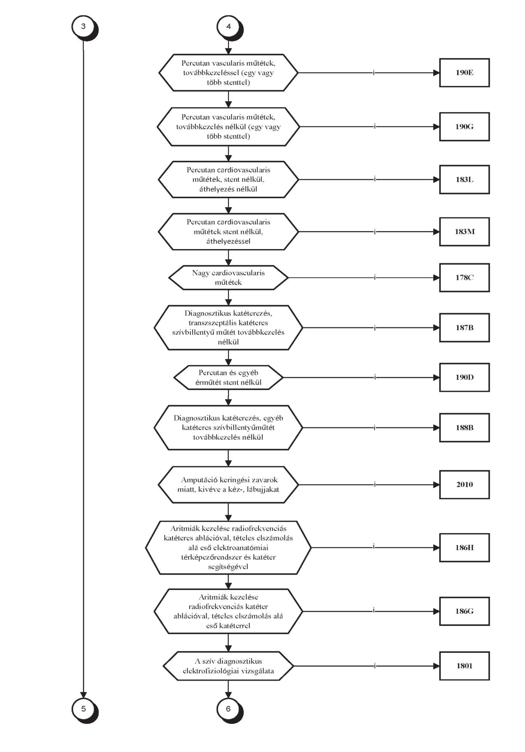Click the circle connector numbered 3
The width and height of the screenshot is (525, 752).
(x=83, y=27)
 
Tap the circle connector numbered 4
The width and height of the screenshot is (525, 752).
(x=229, y=27)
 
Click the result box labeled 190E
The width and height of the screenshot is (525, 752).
(x=464, y=73)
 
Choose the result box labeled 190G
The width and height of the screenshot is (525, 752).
(x=464, y=126)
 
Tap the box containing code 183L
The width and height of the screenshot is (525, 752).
(x=464, y=180)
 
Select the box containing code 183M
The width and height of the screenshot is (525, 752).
(x=464, y=232)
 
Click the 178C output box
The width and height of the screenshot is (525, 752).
(x=464, y=278)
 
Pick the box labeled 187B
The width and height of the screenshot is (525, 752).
(x=464, y=328)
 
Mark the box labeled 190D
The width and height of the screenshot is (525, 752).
(x=464, y=377)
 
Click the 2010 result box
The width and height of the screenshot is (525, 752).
(x=464, y=484)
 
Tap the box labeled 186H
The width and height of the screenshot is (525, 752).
(x=464, y=548)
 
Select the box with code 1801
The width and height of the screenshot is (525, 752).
(x=464, y=666)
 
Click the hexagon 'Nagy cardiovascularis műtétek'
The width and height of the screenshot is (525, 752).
(x=228, y=278)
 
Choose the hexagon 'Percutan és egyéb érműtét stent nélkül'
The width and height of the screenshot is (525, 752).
(x=228, y=377)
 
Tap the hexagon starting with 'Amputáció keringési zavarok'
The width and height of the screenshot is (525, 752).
(x=228, y=484)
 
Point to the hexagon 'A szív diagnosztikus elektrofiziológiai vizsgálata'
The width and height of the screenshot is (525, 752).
(x=228, y=666)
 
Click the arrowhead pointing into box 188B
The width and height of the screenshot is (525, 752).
(x=436, y=428)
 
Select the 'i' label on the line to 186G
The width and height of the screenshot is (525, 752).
(x=374, y=610)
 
